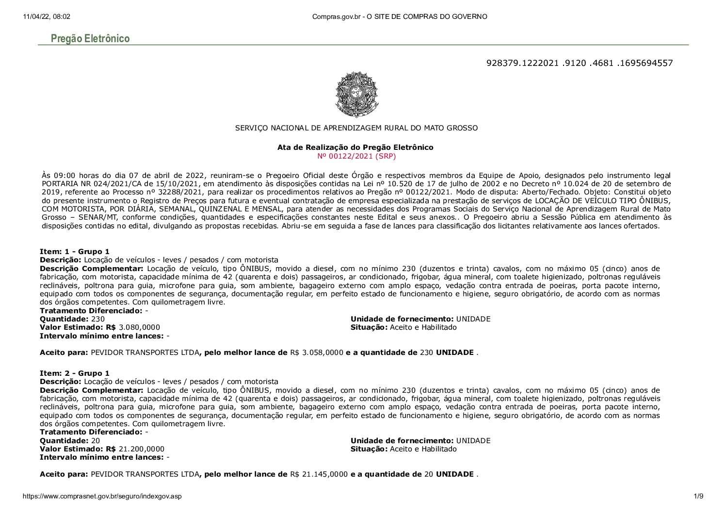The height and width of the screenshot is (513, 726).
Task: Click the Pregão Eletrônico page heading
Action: (x=90, y=39)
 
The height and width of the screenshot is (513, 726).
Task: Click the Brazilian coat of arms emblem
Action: (x=356, y=94)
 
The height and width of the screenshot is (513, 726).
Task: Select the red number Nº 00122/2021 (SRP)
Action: (x=356, y=156)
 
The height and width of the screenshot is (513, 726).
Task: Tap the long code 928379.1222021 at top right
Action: (x=579, y=63)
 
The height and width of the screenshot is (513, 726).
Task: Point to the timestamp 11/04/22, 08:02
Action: (x=47, y=16)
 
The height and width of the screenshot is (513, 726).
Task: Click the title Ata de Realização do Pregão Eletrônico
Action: (x=355, y=147)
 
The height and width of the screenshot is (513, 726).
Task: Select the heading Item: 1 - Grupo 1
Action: (x=75, y=252)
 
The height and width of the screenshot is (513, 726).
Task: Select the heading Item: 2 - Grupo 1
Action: (x=75, y=373)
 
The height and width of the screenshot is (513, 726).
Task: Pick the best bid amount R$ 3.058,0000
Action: (x=317, y=353)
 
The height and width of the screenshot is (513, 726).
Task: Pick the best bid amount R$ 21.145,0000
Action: (x=319, y=474)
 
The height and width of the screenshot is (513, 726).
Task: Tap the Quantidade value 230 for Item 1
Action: (x=98, y=319)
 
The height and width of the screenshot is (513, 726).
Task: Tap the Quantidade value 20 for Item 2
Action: (x=96, y=441)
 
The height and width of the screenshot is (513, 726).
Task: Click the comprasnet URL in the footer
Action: (x=102, y=497)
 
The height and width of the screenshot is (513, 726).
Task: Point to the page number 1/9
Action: (x=698, y=497)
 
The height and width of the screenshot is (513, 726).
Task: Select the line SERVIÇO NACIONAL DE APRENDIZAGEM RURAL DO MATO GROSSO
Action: (x=356, y=128)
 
